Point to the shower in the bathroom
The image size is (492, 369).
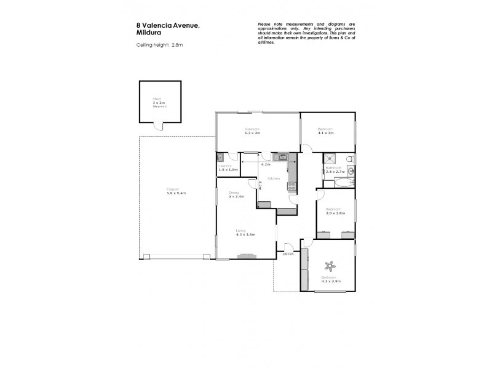coord(331,158)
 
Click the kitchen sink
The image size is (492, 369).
coord(282,157)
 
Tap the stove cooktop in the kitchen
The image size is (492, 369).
coord(292,187)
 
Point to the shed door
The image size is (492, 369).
coord(159,126)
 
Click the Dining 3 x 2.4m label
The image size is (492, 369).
coord(237,194)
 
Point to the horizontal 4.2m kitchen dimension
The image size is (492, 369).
coord(266,164)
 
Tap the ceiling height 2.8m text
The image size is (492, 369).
coord(159,46)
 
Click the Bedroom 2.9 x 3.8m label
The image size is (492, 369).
coord(334,212)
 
